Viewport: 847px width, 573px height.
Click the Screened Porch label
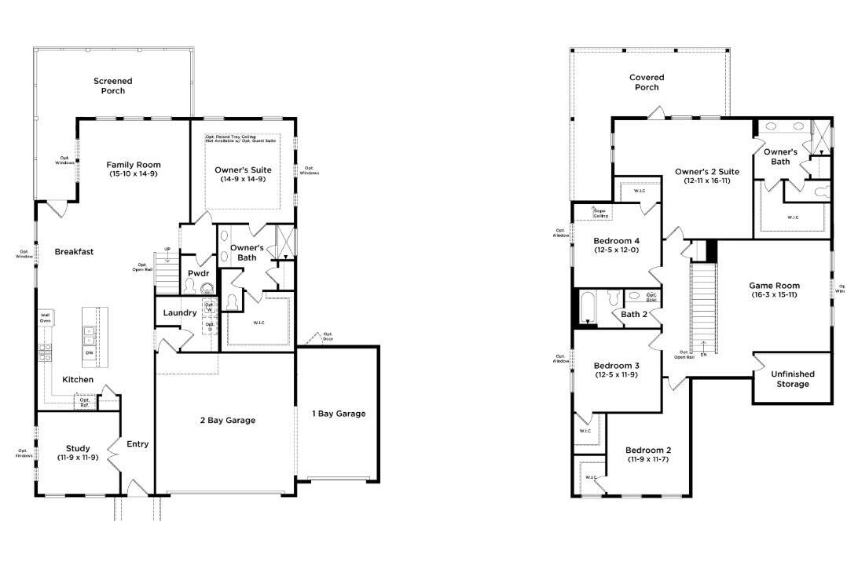112,86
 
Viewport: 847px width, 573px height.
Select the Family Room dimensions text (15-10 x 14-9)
134,174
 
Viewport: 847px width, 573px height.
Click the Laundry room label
179,313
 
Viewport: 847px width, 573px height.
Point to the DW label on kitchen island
90,352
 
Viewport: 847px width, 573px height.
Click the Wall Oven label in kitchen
46,317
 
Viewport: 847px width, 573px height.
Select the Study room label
77,448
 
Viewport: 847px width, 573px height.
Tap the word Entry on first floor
137,444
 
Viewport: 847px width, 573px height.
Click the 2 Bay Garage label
227,420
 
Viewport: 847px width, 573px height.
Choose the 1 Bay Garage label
339,414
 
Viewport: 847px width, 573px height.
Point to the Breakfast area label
74,252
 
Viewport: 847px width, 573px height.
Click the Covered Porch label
646,82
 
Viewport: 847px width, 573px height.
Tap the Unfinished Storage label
792,379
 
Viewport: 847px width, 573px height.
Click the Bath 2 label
633,315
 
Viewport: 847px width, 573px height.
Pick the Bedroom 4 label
616,241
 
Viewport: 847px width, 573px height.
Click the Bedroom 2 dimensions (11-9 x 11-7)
647,459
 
